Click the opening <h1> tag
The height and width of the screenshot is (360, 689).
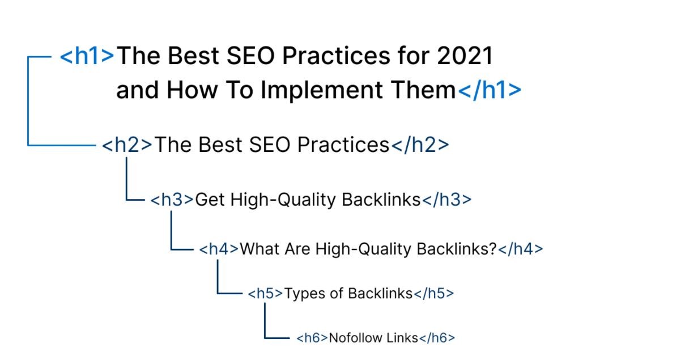click(x=87, y=56)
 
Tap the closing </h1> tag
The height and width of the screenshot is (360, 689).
click(x=490, y=90)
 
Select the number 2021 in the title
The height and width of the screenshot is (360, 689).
click(x=465, y=56)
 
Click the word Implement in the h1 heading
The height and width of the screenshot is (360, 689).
click(x=322, y=91)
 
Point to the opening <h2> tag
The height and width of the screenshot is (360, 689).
click(x=127, y=145)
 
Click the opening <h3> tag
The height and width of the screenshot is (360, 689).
click(x=172, y=200)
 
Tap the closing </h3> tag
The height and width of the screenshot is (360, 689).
click(x=446, y=200)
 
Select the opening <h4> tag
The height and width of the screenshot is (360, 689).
click(x=219, y=249)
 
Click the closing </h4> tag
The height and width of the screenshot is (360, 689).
click(x=521, y=249)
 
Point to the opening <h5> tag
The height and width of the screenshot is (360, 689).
click(x=265, y=294)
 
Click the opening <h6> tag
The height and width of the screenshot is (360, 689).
click(x=312, y=338)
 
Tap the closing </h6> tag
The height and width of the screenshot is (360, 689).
click(x=437, y=338)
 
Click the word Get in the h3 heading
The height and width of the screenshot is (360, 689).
click(x=210, y=200)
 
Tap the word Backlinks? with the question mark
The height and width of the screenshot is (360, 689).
click(x=457, y=249)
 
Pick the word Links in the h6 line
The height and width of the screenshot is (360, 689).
click(x=402, y=338)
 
